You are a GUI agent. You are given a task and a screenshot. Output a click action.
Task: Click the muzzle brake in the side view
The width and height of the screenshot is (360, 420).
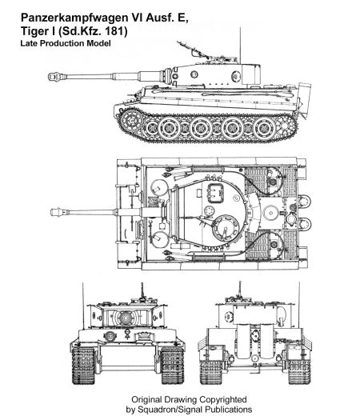tap(58, 77)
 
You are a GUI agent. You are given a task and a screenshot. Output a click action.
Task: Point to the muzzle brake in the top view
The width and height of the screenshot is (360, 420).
tap(59, 213)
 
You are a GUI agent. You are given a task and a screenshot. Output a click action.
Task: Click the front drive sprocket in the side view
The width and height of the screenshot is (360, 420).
tap(132, 122)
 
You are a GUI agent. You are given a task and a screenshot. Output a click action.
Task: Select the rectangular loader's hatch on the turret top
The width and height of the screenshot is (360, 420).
tap(215, 193)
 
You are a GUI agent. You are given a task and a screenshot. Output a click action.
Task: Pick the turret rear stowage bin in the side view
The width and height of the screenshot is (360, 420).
tap(251, 74)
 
